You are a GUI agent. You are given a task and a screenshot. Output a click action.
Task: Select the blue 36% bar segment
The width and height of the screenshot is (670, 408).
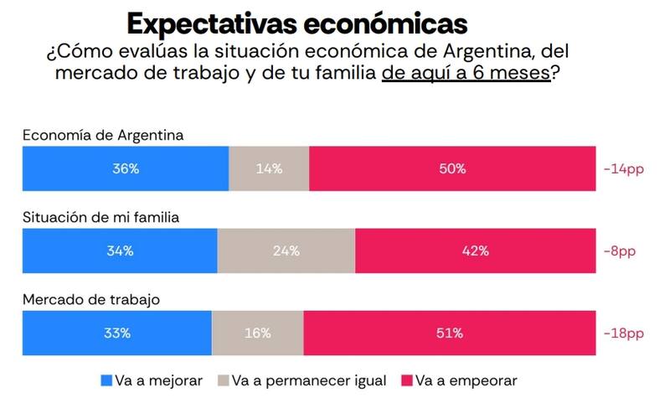[126, 168]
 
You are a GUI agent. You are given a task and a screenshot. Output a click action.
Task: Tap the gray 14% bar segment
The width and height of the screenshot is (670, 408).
[269, 168]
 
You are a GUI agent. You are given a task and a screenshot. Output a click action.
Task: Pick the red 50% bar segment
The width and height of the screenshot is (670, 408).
[452, 168]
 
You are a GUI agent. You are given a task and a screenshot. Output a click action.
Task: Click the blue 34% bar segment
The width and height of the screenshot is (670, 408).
[121, 250]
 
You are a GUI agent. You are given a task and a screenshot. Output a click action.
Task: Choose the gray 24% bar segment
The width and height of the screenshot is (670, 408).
[286, 250]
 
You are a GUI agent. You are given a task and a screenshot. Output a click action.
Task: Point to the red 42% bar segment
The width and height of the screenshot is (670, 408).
[475, 250]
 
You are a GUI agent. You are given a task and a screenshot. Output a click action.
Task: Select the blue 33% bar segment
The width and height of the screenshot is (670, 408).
[117, 333]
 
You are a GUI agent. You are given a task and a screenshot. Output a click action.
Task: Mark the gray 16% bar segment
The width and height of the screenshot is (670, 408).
[258, 333]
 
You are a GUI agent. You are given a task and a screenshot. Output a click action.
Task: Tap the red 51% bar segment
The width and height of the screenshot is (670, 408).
[450, 333]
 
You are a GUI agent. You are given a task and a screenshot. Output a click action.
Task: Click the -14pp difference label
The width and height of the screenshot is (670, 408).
[623, 168]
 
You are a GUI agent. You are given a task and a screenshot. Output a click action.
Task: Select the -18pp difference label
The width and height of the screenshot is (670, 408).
[623, 333]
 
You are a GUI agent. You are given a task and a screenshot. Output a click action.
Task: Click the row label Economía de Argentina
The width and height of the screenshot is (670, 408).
[103, 135]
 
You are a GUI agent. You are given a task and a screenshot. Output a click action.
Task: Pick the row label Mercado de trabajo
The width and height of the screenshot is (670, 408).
[90, 299]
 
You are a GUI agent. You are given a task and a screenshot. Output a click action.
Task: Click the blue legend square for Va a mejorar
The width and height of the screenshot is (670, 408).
[106, 380]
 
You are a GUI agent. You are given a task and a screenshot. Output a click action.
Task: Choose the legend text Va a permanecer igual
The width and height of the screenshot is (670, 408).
[309, 380]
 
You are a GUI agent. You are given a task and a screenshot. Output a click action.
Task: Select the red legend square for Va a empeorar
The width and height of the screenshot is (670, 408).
[407, 380]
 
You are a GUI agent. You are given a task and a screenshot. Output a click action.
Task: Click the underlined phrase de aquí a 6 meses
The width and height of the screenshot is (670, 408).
[466, 74]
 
